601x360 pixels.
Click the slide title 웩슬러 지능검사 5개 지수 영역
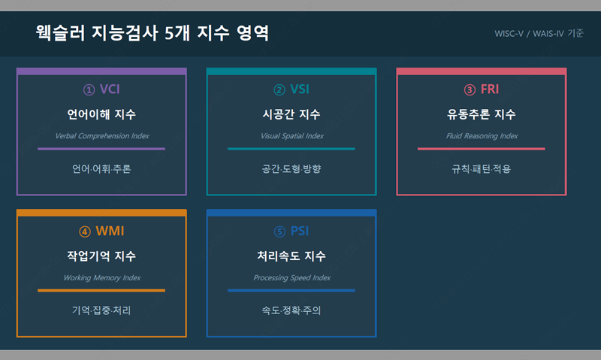click(153, 33)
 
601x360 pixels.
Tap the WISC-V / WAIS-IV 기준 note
click(539, 34)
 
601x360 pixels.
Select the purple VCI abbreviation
click(110, 89)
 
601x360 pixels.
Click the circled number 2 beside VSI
click(279, 90)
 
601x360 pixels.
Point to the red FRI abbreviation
click(490, 89)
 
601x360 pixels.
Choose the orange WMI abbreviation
click(110, 231)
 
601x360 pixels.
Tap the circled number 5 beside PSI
click(279, 232)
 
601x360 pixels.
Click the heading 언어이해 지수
click(101, 114)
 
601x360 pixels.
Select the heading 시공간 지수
click(291, 114)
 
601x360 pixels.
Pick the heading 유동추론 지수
click(481, 114)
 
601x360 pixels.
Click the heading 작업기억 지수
click(101, 256)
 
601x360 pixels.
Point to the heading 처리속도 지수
click(291, 256)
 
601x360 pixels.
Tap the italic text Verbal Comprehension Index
click(102, 136)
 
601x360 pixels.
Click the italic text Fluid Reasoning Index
click(482, 136)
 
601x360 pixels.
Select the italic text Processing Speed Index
click(291, 277)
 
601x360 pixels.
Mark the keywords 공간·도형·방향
click(291, 168)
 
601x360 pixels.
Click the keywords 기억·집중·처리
click(101, 310)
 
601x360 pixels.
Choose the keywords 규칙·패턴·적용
click(481, 168)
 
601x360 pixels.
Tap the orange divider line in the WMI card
click(101, 291)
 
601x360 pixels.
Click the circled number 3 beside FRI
click(470, 90)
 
